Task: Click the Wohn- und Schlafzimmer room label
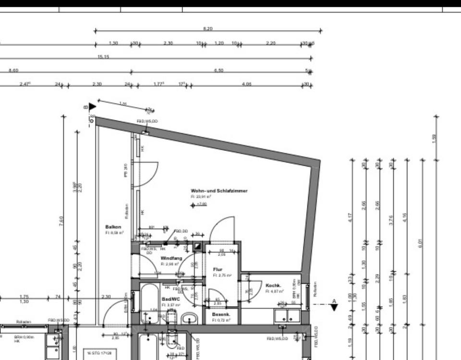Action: click(219, 191)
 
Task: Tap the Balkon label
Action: click(113, 227)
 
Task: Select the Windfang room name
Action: click(171, 258)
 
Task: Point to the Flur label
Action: click(218, 269)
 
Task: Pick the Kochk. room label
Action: click(273, 285)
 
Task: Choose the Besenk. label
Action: click(221, 314)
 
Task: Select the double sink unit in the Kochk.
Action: click(287, 315)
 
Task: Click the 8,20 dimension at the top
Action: click(207, 29)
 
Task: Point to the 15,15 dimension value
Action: click(103, 57)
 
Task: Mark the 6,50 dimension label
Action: click(218, 71)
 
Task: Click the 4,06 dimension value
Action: click(247, 84)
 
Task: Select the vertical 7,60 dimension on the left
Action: click(61, 221)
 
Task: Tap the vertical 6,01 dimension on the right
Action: click(421, 243)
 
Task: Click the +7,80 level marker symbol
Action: click(193, 205)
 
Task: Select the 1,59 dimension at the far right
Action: click(434, 138)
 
